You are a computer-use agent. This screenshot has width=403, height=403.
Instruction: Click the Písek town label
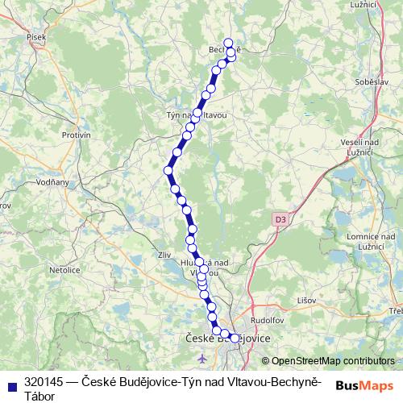(36, 36)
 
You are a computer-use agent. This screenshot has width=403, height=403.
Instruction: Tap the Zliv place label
(166, 255)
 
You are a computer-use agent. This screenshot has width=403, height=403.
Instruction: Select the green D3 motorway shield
(280, 218)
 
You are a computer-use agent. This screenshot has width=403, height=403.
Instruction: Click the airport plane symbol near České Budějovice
(201, 357)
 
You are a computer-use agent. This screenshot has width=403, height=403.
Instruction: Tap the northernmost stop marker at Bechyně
(227, 43)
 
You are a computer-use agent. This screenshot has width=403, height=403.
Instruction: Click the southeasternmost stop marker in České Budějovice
(235, 338)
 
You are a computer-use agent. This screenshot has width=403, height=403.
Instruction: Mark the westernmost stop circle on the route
(168, 170)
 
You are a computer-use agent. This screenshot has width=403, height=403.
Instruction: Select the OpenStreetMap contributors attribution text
(331, 361)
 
